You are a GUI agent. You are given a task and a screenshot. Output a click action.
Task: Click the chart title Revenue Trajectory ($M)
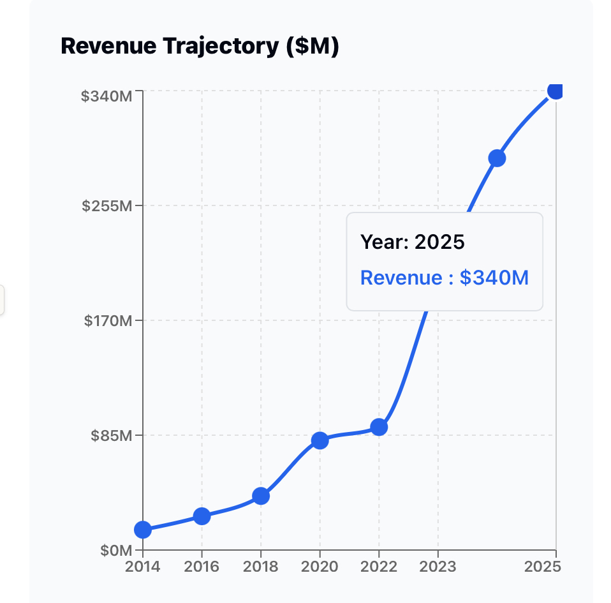199,47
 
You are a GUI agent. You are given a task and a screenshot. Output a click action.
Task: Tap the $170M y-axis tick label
108,320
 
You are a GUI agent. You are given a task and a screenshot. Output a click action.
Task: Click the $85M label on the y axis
111,436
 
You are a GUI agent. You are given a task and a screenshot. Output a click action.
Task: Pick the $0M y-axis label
116,551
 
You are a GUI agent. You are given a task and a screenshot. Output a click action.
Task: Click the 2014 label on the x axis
143,567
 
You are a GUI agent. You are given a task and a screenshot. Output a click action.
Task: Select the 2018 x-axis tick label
261,567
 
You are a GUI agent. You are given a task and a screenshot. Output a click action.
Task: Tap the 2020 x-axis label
320,567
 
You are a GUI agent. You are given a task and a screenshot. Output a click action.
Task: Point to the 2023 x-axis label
438,567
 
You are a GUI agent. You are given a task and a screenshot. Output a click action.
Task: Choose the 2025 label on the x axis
541,567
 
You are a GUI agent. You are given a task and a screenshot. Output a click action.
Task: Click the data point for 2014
143,530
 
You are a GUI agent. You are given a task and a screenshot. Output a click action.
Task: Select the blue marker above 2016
202,516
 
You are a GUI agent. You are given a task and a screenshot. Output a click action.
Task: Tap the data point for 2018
261,496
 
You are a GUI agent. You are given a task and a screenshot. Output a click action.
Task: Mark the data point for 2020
320,440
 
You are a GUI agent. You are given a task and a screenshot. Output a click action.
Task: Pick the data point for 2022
379,427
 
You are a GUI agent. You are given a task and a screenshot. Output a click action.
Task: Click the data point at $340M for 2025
556,91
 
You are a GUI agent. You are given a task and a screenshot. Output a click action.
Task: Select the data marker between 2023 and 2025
497,158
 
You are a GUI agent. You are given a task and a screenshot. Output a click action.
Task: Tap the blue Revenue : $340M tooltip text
444,278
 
